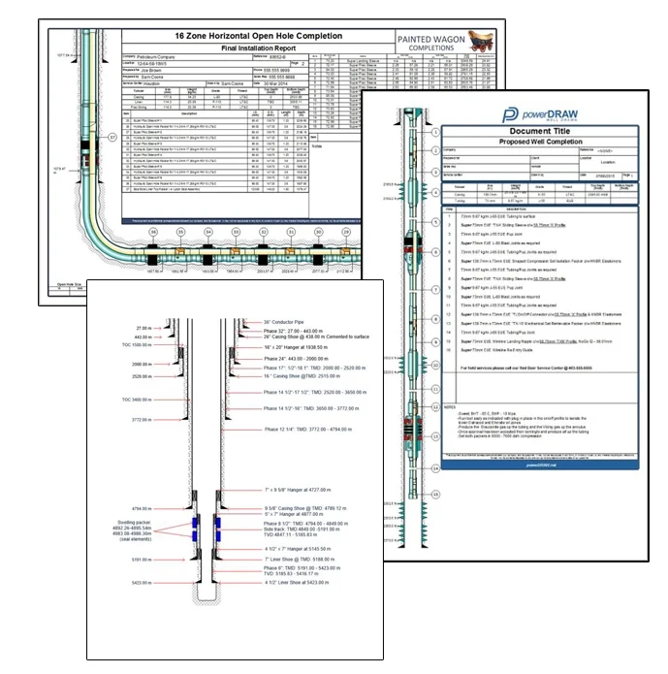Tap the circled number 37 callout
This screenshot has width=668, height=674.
[x=111, y=138]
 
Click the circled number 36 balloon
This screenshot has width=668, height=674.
[x=152, y=234]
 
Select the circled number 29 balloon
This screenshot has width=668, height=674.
[x=345, y=234]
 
